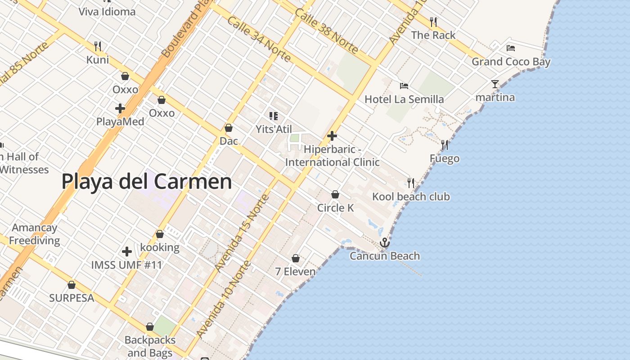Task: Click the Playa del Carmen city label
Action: (x=147, y=182)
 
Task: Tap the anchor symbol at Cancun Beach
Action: (x=384, y=243)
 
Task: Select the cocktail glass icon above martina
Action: (x=495, y=84)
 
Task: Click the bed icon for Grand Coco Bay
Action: (x=510, y=48)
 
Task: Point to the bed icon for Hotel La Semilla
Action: (x=404, y=85)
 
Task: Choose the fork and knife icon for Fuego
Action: (x=445, y=144)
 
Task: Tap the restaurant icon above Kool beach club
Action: (x=411, y=183)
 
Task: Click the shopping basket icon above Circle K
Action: (x=335, y=194)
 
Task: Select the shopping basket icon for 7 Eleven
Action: (x=296, y=258)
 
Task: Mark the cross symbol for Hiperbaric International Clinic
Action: (x=332, y=135)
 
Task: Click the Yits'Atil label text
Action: (x=274, y=130)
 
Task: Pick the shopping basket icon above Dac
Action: (x=229, y=128)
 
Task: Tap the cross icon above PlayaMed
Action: (x=120, y=108)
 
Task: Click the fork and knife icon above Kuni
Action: (x=98, y=46)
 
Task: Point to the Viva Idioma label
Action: (x=107, y=12)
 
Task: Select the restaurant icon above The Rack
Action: (x=433, y=22)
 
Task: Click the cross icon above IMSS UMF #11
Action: (x=127, y=251)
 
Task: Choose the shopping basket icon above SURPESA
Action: (x=72, y=285)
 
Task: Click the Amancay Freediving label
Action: (x=35, y=234)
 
